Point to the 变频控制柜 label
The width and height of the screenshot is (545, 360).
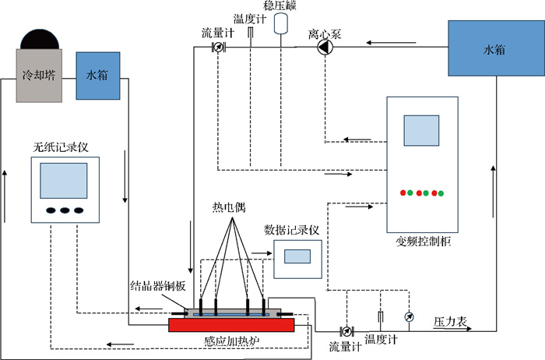(x=425, y=242)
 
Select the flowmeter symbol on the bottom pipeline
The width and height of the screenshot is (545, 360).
(x=348, y=330)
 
